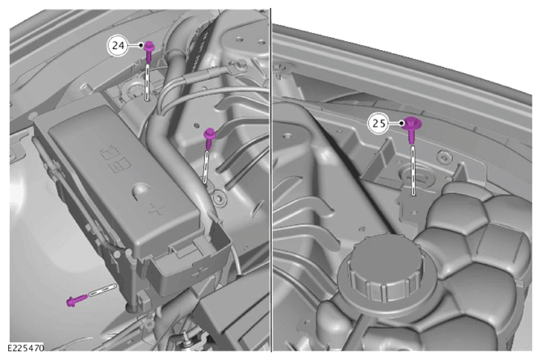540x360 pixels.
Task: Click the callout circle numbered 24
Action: pyautogui.click(x=118, y=45)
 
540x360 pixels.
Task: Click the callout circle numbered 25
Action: pyautogui.click(x=379, y=123)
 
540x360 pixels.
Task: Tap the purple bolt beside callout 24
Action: pyautogui.click(x=149, y=52)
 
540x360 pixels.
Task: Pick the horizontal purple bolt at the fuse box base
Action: pyautogui.click(x=77, y=301)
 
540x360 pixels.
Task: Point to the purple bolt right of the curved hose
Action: pyautogui.click(x=209, y=138)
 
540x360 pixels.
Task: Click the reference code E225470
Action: pyautogui.click(x=26, y=348)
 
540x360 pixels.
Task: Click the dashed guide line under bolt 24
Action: pyautogui.click(x=148, y=82)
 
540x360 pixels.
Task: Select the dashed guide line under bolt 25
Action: pyautogui.click(x=413, y=170)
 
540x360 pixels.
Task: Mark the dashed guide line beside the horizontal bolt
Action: pyautogui.click(x=103, y=290)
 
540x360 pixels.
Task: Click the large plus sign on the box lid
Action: pyautogui.click(x=157, y=209)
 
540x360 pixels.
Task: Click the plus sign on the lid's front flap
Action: pyautogui.click(x=199, y=273)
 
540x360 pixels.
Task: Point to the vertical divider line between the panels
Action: pyautogui.click(x=271, y=180)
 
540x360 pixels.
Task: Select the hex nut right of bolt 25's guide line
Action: pyautogui.click(x=444, y=157)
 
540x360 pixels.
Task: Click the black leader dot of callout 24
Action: pyautogui.click(x=141, y=45)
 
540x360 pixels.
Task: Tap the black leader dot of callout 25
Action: pyautogui.click(x=401, y=123)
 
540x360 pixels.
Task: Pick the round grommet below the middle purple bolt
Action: pyautogui.click(x=219, y=199)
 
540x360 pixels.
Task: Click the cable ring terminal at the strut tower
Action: pyautogui.click(x=240, y=65)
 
